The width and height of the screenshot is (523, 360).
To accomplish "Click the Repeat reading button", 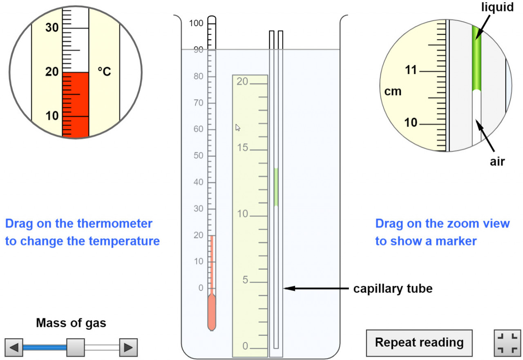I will [x=419, y=342].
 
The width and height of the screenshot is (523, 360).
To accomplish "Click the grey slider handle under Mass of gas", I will [x=76, y=347].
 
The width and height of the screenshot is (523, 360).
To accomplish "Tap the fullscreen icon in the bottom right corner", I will [x=506, y=342].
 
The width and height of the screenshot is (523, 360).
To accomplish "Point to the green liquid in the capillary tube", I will [x=276, y=187].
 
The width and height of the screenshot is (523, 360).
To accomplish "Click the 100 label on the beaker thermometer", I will [x=197, y=24].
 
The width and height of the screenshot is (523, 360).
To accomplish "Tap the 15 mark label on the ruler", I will [x=243, y=148].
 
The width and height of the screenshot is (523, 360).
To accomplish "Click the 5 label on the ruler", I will [x=245, y=280].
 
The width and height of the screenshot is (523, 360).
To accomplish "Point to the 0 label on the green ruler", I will [x=245, y=347].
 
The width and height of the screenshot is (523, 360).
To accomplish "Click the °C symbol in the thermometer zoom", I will [x=104, y=72].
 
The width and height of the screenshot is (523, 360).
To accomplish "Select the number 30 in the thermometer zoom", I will [x=52, y=28].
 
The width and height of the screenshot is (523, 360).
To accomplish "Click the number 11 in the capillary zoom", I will [x=411, y=70].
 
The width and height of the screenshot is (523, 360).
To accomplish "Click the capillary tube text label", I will [x=393, y=288].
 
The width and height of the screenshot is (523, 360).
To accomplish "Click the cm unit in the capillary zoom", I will [x=393, y=92].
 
